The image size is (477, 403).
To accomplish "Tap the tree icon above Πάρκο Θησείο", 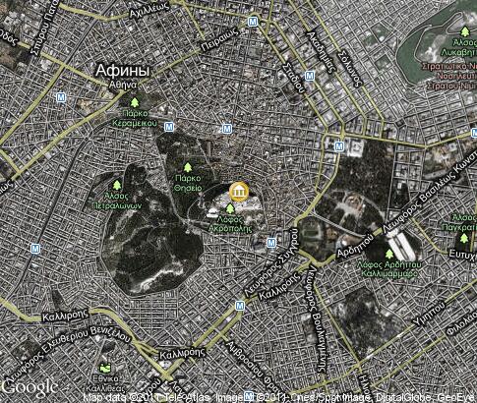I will pyautogui.click(x=188, y=166).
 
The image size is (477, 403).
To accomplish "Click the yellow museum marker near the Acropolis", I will pyautogui.click(x=237, y=191).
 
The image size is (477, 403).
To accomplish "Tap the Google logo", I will pyautogui.click(x=30, y=386).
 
